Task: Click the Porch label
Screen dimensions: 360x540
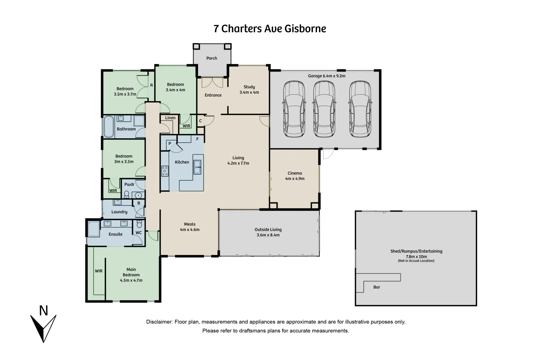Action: (x=212, y=58)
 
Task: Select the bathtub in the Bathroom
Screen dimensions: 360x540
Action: (x=108, y=127)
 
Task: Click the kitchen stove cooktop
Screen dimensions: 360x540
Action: (x=165, y=171)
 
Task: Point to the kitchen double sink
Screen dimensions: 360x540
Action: (x=197, y=167)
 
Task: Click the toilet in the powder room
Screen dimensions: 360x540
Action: (x=127, y=194)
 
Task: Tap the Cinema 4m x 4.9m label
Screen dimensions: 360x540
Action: (x=295, y=176)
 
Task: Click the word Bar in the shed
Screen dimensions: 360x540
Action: (x=377, y=287)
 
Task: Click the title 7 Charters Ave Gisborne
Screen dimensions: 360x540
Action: (x=270, y=29)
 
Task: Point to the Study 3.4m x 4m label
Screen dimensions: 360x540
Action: (x=249, y=89)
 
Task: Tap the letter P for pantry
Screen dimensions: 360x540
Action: (x=170, y=144)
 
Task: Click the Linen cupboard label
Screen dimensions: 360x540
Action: (x=170, y=118)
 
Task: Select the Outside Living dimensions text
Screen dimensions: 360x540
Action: (x=268, y=235)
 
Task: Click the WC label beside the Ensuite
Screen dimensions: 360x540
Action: (x=139, y=233)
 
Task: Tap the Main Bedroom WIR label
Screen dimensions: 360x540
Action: (x=99, y=271)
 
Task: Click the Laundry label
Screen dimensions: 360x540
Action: (x=119, y=212)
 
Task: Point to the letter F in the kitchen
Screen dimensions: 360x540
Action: (x=197, y=139)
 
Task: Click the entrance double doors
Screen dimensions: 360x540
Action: (x=212, y=82)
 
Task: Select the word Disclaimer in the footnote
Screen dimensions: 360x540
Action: (x=159, y=322)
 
